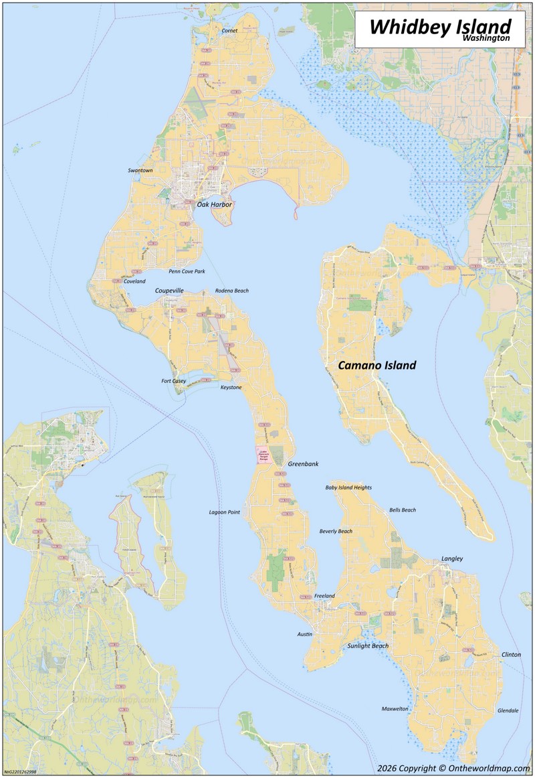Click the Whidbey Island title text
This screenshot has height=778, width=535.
click(440, 25)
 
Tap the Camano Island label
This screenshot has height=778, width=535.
click(377, 366)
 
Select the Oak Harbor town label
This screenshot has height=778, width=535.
click(214, 204)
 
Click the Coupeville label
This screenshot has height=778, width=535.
click(169, 291)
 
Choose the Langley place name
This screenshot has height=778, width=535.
click(451, 558)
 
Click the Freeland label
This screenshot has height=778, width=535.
click(324, 596)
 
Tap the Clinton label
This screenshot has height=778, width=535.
click(511, 654)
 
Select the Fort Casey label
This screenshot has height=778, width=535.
click(174, 381)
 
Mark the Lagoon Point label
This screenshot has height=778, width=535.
click(224, 512)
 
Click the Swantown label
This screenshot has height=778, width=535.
click(140, 171)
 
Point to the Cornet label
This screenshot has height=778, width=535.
click(229, 30)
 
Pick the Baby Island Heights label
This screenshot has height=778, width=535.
click(348, 487)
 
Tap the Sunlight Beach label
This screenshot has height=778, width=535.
click(368, 646)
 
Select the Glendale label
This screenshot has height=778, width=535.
click(508, 710)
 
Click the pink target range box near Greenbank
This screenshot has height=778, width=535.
click(263, 456)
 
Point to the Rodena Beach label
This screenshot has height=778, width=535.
click(231, 291)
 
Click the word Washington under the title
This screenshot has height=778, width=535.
click(485, 40)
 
